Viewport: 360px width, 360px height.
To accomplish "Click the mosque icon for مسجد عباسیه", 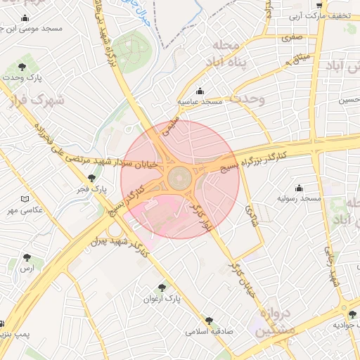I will coord(200,91).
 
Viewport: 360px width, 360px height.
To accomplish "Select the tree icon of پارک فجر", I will coord(91,179).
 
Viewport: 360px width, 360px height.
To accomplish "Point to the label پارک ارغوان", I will coord(162,298).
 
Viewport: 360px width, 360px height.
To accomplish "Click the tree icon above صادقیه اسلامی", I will coord(208,320).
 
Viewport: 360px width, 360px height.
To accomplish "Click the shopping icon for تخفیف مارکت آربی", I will coord(321,5).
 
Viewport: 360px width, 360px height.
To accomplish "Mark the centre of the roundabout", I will coord(180,177).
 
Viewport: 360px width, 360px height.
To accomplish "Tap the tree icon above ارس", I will coord(27,258).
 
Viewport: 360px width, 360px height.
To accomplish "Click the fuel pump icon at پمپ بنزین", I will coord(3,323).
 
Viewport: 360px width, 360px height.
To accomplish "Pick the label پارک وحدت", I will coord(39,76).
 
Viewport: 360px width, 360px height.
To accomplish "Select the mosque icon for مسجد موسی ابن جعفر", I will coord(26,18).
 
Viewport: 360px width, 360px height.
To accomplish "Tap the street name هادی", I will coord(251,214).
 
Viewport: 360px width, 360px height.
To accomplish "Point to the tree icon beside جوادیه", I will coord(352,314).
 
